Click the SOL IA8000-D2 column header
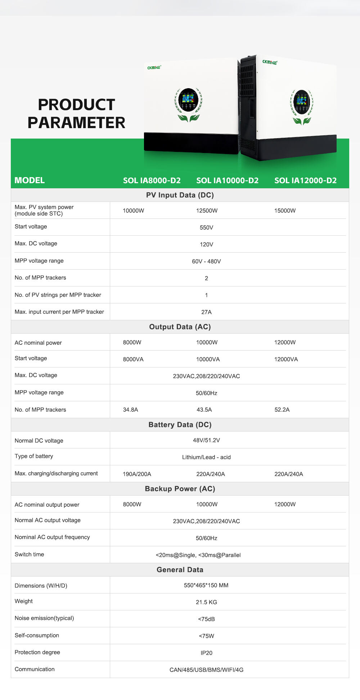(x=152, y=180)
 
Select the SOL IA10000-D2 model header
(x=227, y=180)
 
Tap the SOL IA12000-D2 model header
(x=305, y=180)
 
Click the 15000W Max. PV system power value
(x=285, y=211)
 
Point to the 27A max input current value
(x=206, y=312)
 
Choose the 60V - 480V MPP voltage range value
(x=206, y=261)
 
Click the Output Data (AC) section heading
(x=180, y=327)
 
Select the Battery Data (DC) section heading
(x=180, y=425)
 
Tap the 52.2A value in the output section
(x=282, y=410)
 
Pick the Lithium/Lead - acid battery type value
(x=206, y=457)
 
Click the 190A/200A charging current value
(x=137, y=474)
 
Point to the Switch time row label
(x=29, y=554)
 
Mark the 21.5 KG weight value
(x=206, y=602)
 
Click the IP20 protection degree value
(x=206, y=653)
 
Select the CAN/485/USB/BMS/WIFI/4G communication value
(x=206, y=670)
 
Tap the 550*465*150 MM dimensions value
(x=206, y=585)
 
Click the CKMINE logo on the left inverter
(x=154, y=67)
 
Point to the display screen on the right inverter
(x=301, y=102)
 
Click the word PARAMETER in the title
(x=76, y=122)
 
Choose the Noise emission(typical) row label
(x=44, y=618)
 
